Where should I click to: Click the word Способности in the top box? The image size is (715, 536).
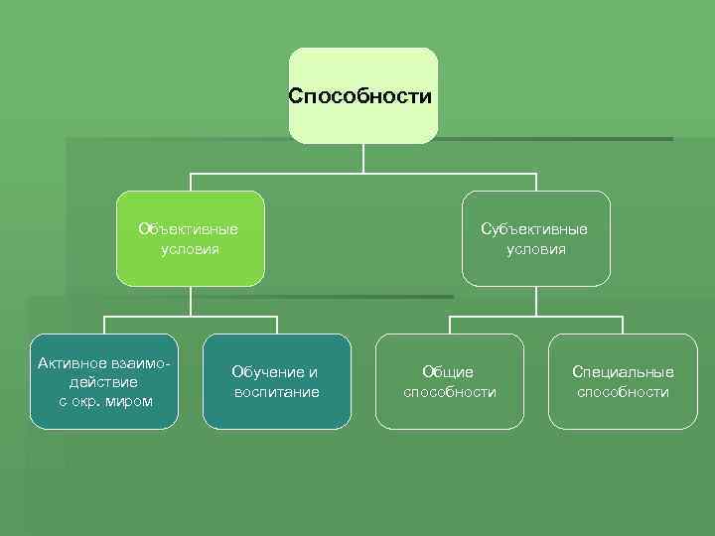[x=360, y=96]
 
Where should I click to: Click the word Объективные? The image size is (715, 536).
[x=189, y=229]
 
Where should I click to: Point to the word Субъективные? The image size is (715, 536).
[x=534, y=229]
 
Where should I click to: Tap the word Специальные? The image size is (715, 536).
[x=623, y=372]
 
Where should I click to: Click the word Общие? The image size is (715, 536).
[x=448, y=372]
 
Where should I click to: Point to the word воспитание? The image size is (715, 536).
[x=276, y=392]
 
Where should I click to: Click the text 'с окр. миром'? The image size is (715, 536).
[x=105, y=401]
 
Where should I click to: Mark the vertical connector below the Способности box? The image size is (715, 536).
[x=363, y=159]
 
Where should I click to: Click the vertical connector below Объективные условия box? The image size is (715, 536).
[x=190, y=302]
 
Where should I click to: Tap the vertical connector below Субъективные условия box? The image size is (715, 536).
[x=536, y=302]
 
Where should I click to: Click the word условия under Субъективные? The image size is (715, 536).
[x=536, y=249]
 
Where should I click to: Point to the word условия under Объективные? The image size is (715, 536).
[x=190, y=249]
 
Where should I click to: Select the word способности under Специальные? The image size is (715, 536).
[x=623, y=392]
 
